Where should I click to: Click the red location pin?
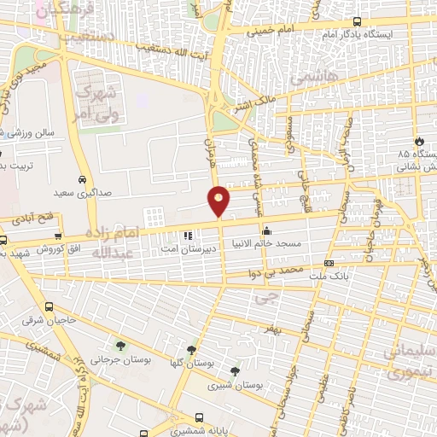pos(219,200)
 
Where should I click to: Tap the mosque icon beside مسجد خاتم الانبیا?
pos(267,230)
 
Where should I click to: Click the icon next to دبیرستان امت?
pos(187,235)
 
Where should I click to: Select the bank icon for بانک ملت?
pos(329,264)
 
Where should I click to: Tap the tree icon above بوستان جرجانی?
pos(119,347)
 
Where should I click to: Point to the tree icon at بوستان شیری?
pos(235,371)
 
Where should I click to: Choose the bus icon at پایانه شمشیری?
pos(199,418)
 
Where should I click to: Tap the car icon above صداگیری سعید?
pos(80,180)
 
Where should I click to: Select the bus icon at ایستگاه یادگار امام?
pos(356,22)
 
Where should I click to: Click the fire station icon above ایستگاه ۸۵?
pos(419,141)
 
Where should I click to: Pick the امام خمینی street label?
pos(271,32)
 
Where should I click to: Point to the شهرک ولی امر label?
pos(95,107)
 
